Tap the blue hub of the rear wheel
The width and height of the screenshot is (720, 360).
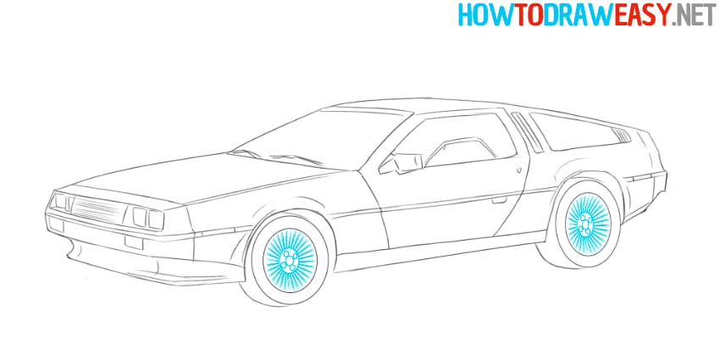pos(584,224)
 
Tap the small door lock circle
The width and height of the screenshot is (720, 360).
pos(518,169)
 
